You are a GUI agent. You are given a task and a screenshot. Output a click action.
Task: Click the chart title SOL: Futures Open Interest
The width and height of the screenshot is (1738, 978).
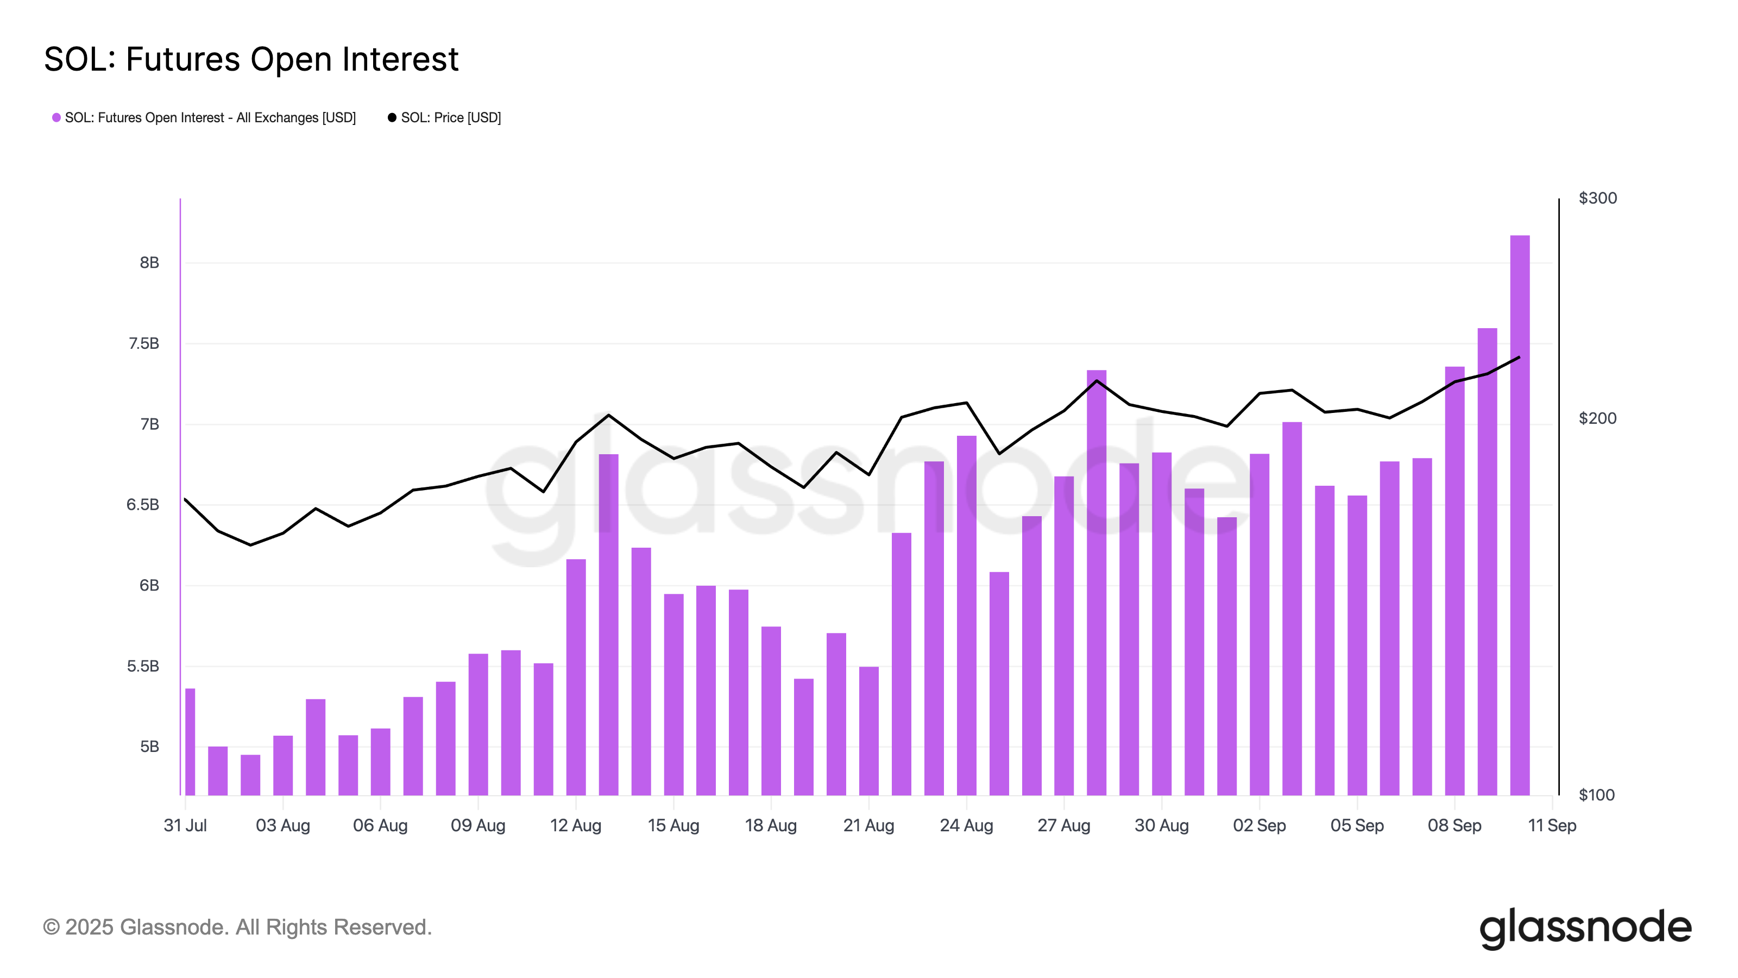(x=251, y=59)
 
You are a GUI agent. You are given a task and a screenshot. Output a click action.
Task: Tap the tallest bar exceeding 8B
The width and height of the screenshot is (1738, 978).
(x=1520, y=513)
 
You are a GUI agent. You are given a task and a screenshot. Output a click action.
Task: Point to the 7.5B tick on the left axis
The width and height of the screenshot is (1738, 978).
(x=144, y=343)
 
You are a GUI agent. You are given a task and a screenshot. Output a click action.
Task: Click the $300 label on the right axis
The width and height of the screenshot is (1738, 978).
(x=1597, y=198)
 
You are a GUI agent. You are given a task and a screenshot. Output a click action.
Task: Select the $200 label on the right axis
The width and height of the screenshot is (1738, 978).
(x=1597, y=418)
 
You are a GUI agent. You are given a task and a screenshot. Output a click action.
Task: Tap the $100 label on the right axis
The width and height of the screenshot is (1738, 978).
(x=1596, y=795)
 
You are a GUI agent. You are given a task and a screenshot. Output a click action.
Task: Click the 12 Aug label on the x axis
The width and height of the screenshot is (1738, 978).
(x=576, y=825)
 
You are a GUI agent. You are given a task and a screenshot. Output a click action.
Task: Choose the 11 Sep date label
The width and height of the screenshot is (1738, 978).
(x=1551, y=825)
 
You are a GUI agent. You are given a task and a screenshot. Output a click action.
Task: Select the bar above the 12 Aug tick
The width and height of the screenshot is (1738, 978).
(x=576, y=675)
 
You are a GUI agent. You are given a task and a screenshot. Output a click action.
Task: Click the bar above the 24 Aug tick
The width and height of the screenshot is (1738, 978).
(x=966, y=614)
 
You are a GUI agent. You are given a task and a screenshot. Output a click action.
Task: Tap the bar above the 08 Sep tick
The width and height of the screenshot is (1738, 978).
(x=1454, y=580)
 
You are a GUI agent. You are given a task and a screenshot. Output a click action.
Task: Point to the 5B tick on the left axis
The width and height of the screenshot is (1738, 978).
(x=149, y=747)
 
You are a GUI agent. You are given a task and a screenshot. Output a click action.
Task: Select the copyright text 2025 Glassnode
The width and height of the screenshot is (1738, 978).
(x=237, y=927)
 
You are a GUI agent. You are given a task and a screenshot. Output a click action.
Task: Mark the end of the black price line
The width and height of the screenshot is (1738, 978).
(x=1519, y=357)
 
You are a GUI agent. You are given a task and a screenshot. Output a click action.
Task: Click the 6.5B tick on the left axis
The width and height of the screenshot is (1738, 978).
(x=142, y=505)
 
